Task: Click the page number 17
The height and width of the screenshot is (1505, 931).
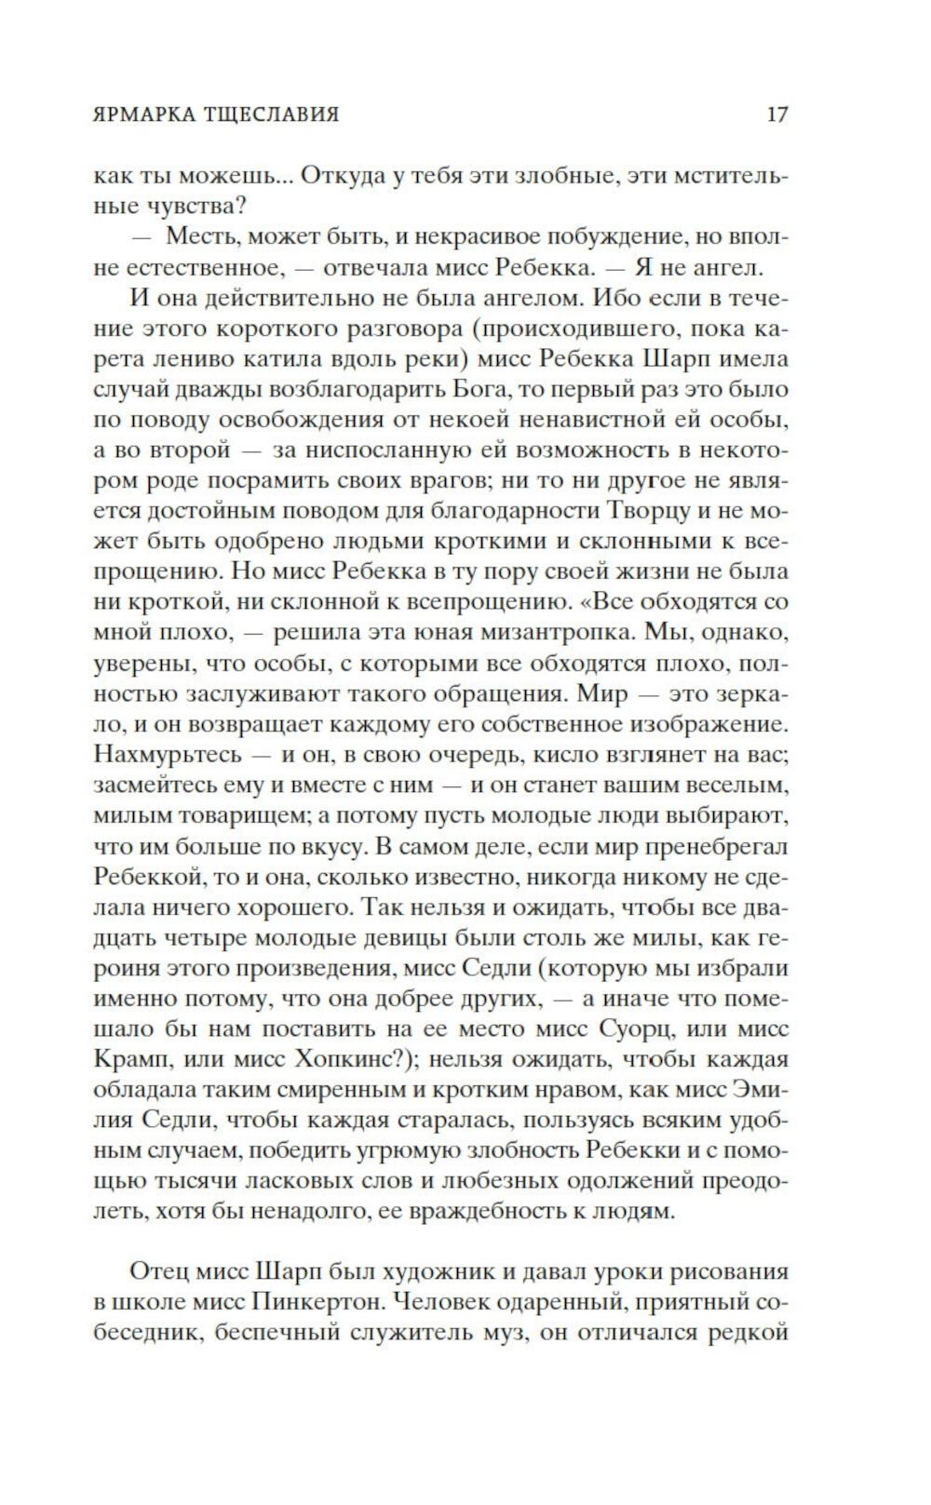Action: coord(777,114)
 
